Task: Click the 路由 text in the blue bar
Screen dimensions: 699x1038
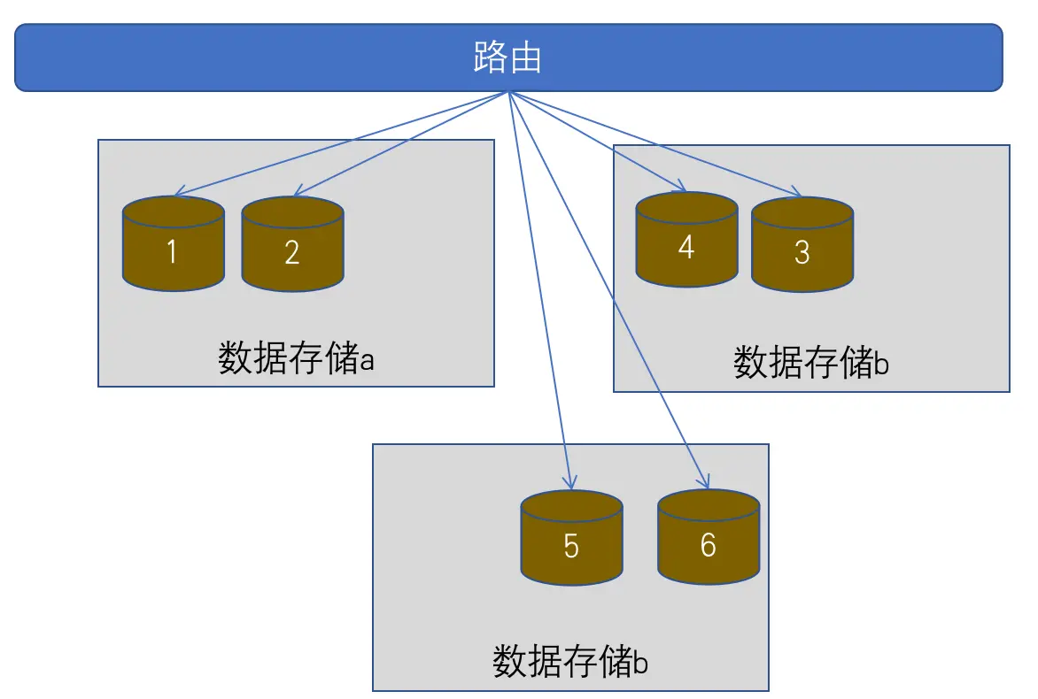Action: [507, 58]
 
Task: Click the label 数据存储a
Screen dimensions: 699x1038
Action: [298, 358]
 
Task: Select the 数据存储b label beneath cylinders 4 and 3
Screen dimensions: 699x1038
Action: [810, 362]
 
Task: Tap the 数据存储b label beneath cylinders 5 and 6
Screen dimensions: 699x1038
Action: [569, 661]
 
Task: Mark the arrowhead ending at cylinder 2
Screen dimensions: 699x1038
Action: [298, 193]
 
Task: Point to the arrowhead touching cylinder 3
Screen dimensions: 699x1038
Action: [799, 195]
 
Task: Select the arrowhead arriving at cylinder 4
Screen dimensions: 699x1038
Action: [684, 188]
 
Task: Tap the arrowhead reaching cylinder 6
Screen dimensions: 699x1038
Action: [706, 484]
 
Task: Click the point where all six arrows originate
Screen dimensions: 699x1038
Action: [508, 92]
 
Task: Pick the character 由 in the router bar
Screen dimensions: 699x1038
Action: [525, 58]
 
